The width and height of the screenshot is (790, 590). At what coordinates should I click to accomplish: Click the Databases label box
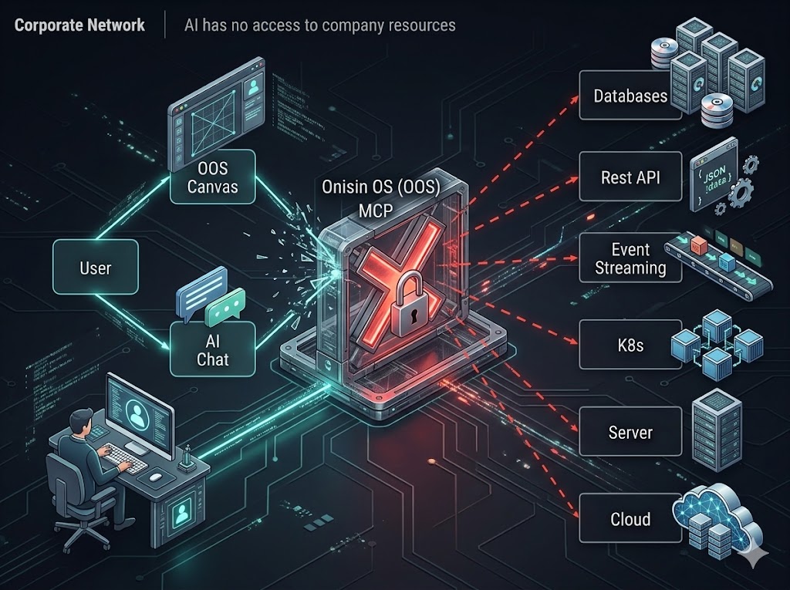(x=630, y=96)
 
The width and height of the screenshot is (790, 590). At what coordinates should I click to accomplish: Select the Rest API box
(x=630, y=177)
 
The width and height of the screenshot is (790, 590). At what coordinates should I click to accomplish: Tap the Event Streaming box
(x=630, y=259)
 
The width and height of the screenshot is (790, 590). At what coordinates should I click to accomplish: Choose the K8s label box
(x=630, y=345)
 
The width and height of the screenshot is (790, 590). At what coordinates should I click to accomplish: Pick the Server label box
(x=630, y=432)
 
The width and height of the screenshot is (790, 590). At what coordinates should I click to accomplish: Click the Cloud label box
(x=630, y=519)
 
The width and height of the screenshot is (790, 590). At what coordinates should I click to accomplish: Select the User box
(x=96, y=268)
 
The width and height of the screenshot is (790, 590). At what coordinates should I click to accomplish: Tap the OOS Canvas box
(x=212, y=177)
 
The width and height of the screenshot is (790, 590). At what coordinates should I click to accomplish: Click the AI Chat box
(x=212, y=349)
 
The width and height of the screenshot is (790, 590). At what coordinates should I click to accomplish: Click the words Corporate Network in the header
(x=79, y=25)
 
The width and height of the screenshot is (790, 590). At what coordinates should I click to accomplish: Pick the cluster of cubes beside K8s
(x=717, y=342)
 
